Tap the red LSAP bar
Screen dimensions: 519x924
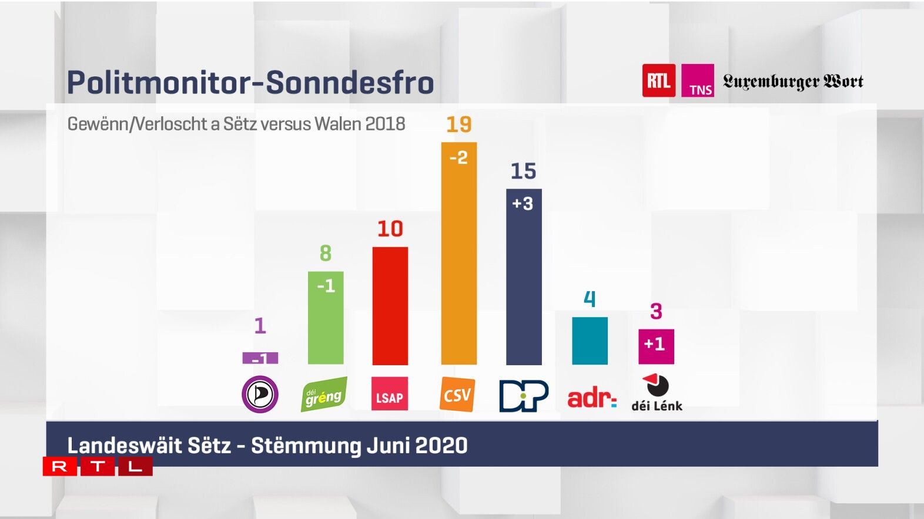pyautogui.click(x=390, y=305)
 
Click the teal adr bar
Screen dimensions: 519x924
pyautogui.click(x=590, y=341)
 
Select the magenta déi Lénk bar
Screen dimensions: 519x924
pyautogui.click(x=656, y=346)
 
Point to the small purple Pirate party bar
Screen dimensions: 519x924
pyautogui.click(x=260, y=358)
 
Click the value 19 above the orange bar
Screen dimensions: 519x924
pyautogui.click(x=458, y=124)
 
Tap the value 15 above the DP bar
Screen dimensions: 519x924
pyautogui.click(x=523, y=171)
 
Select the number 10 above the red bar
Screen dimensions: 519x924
pyautogui.click(x=390, y=228)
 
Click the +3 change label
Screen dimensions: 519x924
pyautogui.click(x=523, y=204)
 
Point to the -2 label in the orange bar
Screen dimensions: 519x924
pyautogui.click(x=458, y=157)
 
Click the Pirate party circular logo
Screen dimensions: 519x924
pyautogui.click(x=260, y=394)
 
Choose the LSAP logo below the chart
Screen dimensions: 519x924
pyautogui.click(x=390, y=394)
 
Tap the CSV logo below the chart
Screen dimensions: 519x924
pyautogui.click(x=457, y=395)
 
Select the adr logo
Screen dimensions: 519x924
pyautogui.click(x=591, y=398)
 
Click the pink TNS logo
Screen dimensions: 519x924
pyautogui.click(x=698, y=80)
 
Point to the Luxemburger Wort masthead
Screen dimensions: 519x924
pyautogui.click(x=793, y=81)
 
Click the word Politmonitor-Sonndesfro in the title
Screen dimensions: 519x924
pyautogui.click(x=250, y=82)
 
